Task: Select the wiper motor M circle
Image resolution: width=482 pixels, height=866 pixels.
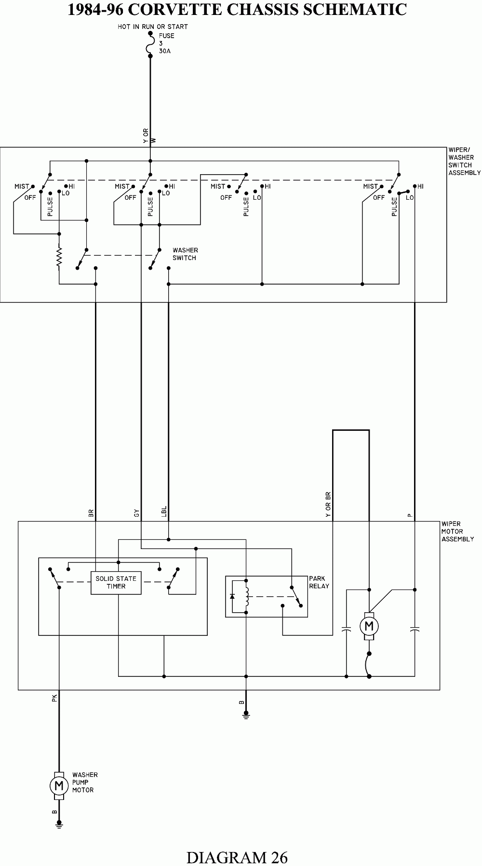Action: (369, 626)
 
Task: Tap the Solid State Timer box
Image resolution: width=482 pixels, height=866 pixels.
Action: (116, 582)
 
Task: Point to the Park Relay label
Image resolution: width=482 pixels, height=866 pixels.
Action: (319, 582)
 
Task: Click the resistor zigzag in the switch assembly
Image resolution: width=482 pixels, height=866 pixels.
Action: (59, 257)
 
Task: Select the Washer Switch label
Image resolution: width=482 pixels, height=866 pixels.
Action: (185, 254)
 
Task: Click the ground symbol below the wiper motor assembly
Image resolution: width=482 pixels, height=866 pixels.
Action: (246, 716)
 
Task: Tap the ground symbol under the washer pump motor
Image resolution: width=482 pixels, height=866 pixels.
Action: (59, 826)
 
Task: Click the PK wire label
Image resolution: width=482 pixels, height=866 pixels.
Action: (54, 698)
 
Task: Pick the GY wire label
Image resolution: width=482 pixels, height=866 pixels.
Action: (136, 514)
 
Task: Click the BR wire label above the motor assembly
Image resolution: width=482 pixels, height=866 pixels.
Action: (91, 514)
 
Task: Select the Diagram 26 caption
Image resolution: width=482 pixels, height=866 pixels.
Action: (237, 857)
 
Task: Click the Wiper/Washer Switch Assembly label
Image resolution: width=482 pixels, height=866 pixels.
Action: (464, 161)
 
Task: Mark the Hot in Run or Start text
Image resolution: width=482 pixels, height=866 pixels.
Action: (152, 27)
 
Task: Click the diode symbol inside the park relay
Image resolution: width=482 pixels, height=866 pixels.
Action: (232, 596)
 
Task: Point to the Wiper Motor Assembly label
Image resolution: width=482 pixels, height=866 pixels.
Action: (457, 531)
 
